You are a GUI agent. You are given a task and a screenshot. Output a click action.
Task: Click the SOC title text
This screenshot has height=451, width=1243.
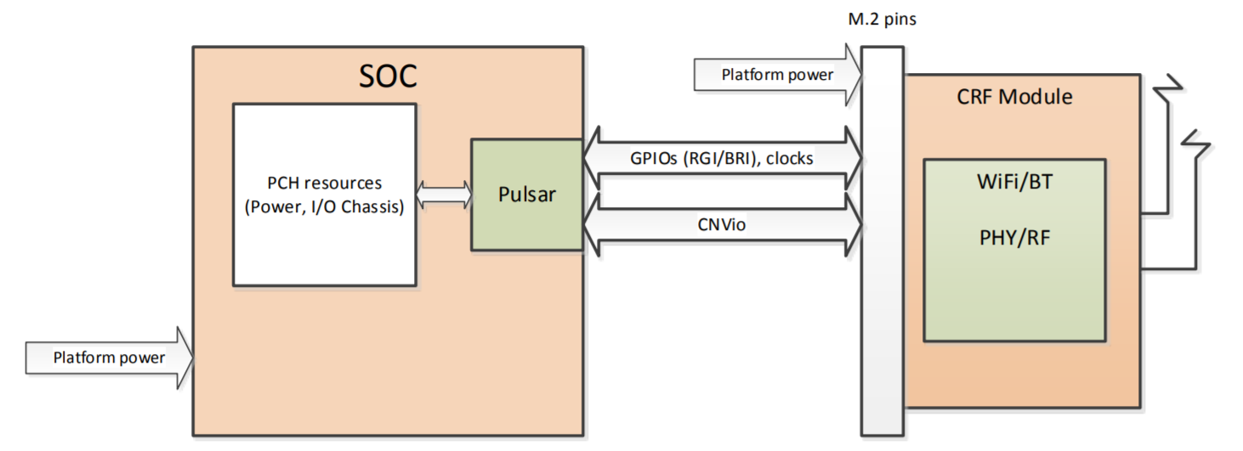pos(388,76)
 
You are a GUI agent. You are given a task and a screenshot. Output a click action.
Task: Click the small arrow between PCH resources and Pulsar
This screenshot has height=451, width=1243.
pos(443,194)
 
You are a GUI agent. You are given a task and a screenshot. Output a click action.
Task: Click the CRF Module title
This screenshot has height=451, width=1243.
pos(1014,96)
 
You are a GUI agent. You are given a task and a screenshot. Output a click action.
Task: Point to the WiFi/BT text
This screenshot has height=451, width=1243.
pos(1014,182)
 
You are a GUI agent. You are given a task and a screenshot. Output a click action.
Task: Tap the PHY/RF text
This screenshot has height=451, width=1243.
pos(1014,237)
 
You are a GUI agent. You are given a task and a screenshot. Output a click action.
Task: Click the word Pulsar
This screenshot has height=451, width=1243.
pos(526,194)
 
